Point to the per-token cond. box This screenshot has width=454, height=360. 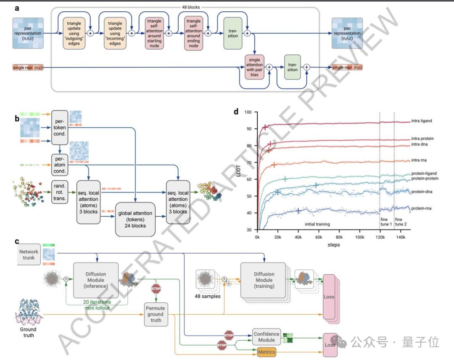pyautogui.click(x=59, y=128)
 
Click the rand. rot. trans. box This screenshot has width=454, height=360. pyautogui.click(x=59, y=192)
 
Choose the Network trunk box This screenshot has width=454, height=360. pyautogui.click(x=29, y=255)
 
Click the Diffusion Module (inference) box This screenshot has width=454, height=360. pyautogui.click(x=96, y=280)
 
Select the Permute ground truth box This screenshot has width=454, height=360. pyautogui.click(x=156, y=314)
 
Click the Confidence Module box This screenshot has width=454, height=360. pyautogui.click(x=267, y=337)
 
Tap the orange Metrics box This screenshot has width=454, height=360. pyautogui.click(x=266, y=352)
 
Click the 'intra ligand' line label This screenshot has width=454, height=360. pyautogui.click(x=422, y=121)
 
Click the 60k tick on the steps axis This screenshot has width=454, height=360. pyautogui.click(x=318, y=237)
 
